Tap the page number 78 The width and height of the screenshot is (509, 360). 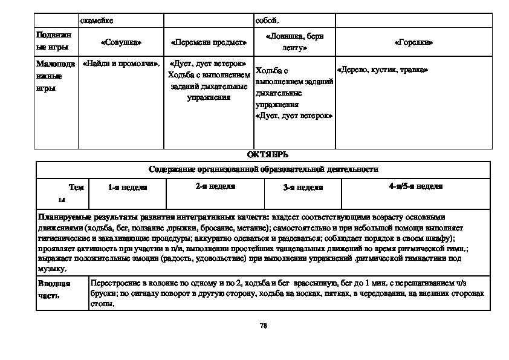pyautogui.click(x=263, y=326)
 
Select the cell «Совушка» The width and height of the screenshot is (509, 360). pyautogui.click(x=122, y=43)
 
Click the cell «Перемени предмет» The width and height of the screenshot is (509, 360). pyautogui.click(x=209, y=43)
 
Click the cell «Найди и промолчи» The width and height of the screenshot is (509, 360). pyautogui.click(x=121, y=63)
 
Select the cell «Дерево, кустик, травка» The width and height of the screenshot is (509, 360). pyautogui.click(x=383, y=70)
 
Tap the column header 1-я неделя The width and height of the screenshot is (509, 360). pyautogui.click(x=128, y=188)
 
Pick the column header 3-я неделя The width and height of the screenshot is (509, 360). pyautogui.click(x=303, y=188)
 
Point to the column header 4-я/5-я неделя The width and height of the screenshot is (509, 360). pyautogui.click(x=415, y=186)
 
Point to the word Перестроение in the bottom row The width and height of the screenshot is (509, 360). pyautogui.click(x=112, y=283)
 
